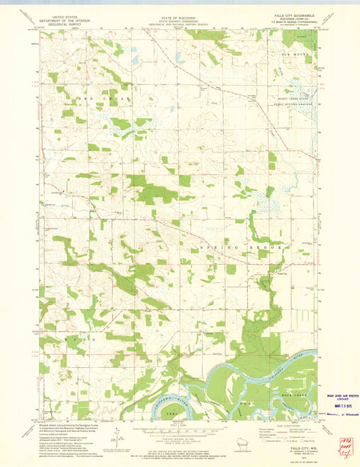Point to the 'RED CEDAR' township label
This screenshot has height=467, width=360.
[95, 99]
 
